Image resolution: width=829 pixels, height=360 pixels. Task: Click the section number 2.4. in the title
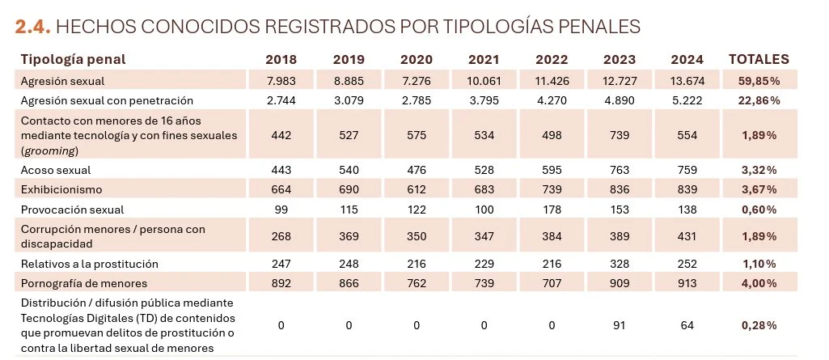point(33,27)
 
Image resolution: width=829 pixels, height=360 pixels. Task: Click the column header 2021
point(484,60)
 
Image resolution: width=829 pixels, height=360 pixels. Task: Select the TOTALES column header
point(759,60)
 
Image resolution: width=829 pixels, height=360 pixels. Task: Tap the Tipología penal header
point(73,60)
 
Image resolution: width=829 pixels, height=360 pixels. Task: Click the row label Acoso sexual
point(56,170)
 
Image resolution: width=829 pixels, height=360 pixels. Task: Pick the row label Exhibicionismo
point(61,189)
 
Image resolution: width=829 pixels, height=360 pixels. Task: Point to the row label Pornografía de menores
point(84,283)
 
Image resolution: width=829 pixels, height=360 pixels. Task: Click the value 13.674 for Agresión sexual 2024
point(687,81)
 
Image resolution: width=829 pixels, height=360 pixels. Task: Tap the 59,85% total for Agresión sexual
point(759,81)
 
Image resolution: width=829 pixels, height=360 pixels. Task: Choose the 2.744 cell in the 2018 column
point(281,100)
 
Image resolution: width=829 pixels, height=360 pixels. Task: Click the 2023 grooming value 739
point(619,135)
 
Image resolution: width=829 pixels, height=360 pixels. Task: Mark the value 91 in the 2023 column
point(619,325)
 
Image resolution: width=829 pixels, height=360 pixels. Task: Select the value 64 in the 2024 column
point(687,325)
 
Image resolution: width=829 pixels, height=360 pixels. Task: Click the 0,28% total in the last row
point(759,325)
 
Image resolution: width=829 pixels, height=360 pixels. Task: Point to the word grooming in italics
point(49,150)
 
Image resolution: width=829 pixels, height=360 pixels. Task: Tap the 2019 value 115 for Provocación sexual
point(349,209)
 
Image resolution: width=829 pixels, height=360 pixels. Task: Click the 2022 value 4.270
point(551,100)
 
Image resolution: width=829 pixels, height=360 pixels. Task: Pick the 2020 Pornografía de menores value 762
point(416,283)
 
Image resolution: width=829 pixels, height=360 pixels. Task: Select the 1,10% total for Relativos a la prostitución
point(759,264)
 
